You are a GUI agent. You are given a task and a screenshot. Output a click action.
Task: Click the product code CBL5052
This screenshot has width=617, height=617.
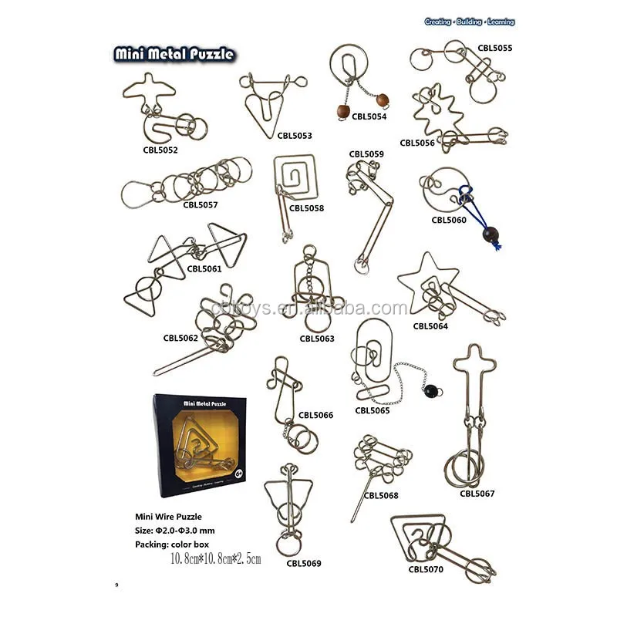pyautogui.click(x=160, y=150)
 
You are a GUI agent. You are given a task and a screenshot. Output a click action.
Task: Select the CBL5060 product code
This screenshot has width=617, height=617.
pyautogui.click(x=449, y=220)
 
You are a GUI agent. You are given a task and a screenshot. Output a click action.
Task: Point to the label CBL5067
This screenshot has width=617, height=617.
pyautogui.click(x=477, y=494)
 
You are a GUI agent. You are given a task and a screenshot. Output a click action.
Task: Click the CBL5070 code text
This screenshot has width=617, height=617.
pyautogui.click(x=426, y=570)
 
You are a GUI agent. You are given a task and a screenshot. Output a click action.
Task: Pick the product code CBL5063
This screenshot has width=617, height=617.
pyautogui.click(x=317, y=338)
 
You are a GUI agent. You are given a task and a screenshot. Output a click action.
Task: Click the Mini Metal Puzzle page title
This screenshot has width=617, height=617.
pyautogui.click(x=174, y=55)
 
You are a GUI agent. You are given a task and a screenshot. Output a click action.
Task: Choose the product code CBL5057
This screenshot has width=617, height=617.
pyautogui.click(x=201, y=204)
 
